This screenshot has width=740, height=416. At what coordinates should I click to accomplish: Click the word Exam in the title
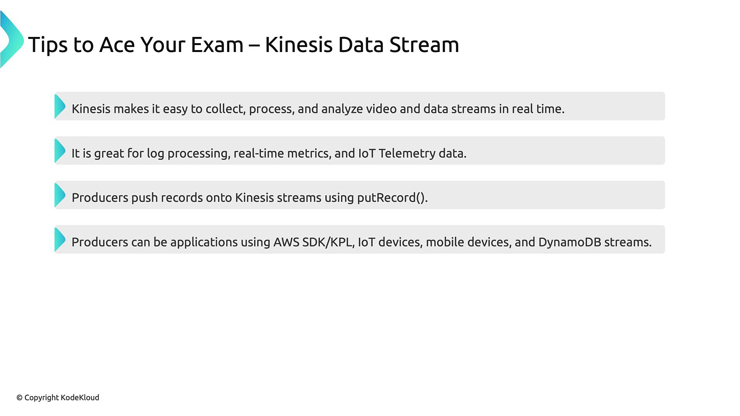[x=217, y=44]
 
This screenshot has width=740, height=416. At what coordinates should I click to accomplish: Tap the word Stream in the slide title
[x=424, y=44]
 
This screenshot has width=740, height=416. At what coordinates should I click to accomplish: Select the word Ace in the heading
[x=117, y=44]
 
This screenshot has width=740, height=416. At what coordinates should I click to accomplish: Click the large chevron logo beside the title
[x=12, y=40]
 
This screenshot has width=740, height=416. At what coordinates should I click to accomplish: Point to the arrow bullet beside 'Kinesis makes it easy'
[x=60, y=106]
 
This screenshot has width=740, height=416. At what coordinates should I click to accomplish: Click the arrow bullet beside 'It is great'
[x=60, y=151]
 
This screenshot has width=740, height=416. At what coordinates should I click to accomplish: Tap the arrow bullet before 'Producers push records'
[x=60, y=195]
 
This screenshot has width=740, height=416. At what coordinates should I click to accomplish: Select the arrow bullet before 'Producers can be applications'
[x=60, y=240]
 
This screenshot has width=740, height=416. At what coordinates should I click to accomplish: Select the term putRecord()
[x=392, y=198]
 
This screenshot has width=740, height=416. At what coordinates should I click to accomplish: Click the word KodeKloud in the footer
[x=80, y=398]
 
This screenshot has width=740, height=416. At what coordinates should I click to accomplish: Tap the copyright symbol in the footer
[x=20, y=398]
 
